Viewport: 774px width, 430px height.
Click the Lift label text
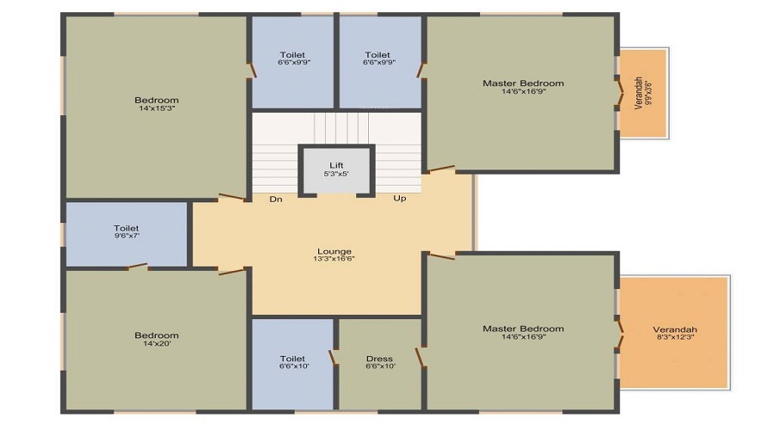pos(337,165)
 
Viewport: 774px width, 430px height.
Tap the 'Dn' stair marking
pos(276,199)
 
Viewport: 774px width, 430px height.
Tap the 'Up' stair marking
pos(400,199)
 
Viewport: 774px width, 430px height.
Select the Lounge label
pos(334,251)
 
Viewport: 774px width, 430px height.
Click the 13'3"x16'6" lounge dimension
pos(334,259)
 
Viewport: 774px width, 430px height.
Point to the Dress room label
pos(379,359)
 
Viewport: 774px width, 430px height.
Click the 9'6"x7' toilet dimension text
pos(126,236)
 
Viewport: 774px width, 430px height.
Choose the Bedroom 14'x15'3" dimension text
pos(157,108)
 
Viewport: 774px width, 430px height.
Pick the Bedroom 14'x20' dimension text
pos(157,343)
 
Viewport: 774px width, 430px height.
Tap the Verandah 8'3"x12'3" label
pos(674,329)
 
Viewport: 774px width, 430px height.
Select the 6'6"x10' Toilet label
pos(292,359)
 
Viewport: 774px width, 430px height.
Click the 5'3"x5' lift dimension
pos(337,174)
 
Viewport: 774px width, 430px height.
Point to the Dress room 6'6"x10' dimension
pos(379,366)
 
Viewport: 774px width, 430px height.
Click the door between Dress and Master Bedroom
pos(420,357)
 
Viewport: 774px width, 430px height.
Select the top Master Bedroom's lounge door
pos(440,169)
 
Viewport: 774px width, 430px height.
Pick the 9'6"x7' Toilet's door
pos(138,267)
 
